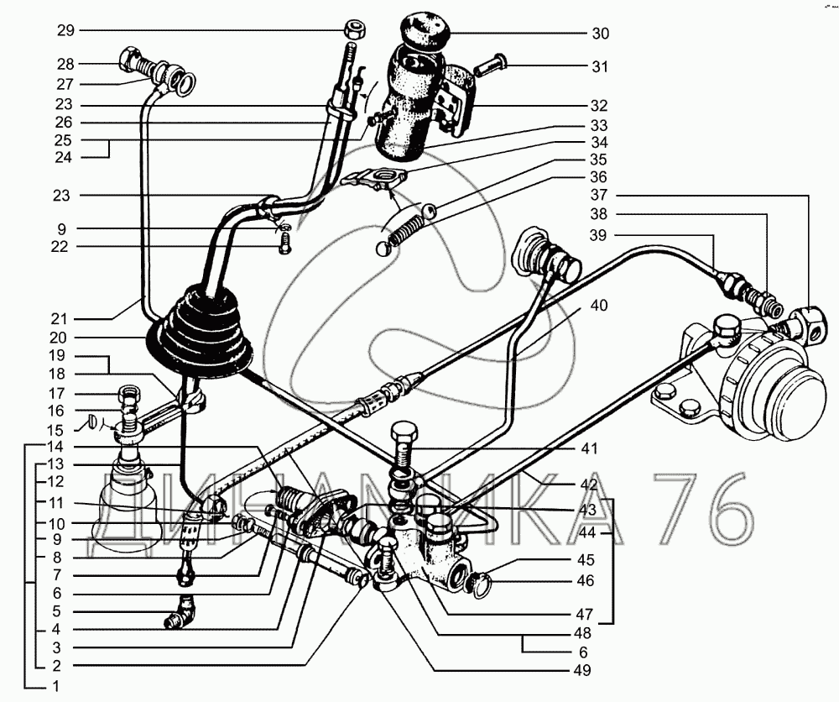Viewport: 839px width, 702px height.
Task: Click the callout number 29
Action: [x=65, y=30]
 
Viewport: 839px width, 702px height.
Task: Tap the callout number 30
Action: [x=601, y=34]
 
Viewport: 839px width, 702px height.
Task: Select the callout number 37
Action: [x=599, y=195]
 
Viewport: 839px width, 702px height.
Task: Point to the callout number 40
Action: [x=599, y=305]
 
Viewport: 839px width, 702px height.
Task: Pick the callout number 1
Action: [x=56, y=686]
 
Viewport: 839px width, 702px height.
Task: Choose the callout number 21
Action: [x=59, y=319]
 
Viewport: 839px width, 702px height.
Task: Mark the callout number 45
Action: [x=586, y=560]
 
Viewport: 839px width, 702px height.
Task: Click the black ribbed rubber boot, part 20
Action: [x=199, y=333]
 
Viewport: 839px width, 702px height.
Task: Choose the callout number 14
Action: [x=55, y=446]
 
